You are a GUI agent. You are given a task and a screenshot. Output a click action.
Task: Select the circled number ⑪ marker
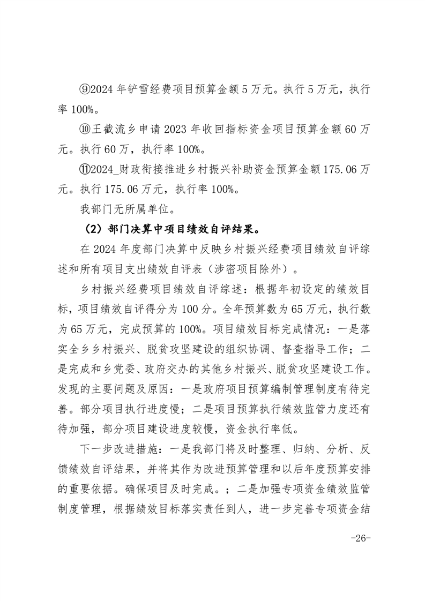86,169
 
